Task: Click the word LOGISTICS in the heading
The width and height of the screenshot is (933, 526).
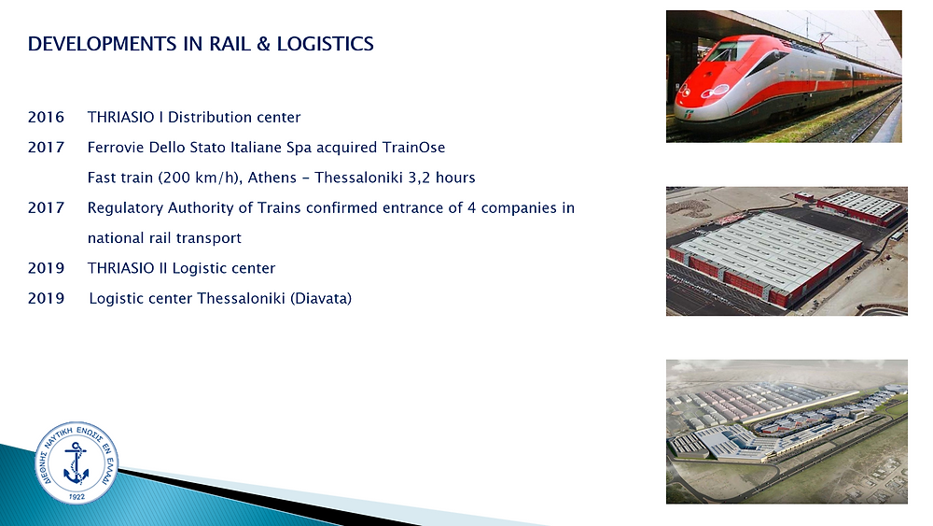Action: point(325,44)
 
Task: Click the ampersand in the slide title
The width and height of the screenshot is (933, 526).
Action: point(264,44)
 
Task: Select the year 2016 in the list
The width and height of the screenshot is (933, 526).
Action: point(46,117)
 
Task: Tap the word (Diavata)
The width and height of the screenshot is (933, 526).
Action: point(321,298)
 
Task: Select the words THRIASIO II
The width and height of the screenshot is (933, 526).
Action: point(127,268)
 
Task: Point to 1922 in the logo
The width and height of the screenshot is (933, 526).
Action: point(77,496)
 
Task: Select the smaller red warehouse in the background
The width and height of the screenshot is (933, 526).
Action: point(861,206)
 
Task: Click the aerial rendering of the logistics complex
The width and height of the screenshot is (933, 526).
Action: point(787,432)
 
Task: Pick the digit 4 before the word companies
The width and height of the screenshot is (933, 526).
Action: point(471,208)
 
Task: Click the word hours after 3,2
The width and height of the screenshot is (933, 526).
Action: point(455,178)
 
